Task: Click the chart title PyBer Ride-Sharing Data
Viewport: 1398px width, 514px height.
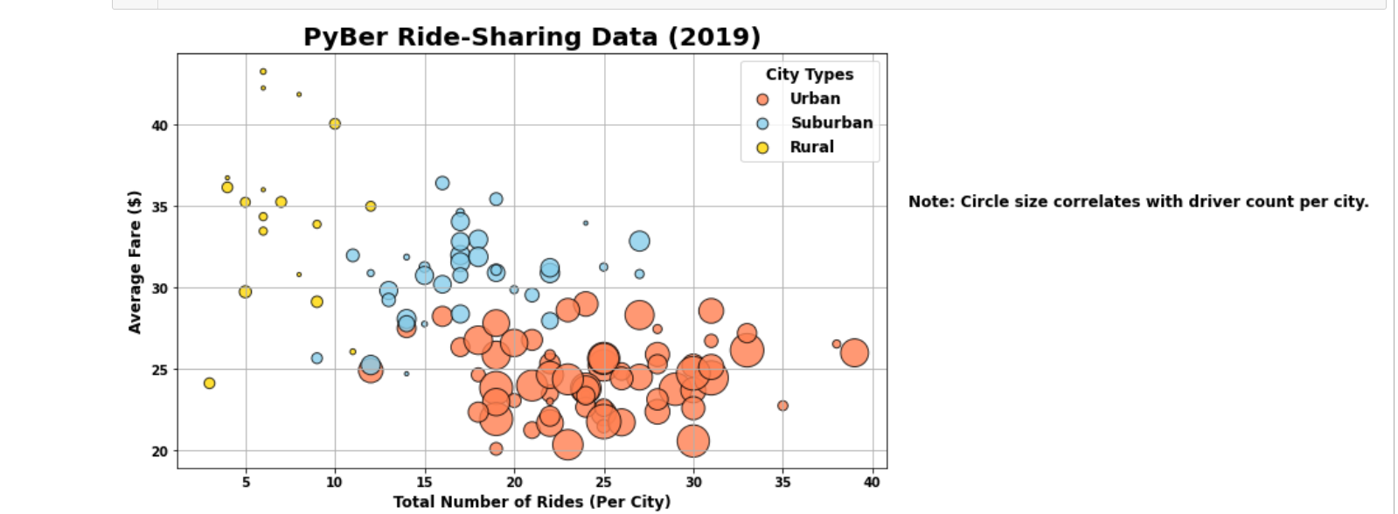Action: (x=532, y=37)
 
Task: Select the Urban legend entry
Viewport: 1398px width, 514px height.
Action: (x=814, y=99)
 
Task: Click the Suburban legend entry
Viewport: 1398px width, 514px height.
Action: (x=831, y=123)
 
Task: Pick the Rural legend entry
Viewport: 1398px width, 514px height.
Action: (x=810, y=147)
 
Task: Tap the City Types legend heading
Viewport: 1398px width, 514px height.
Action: (x=809, y=74)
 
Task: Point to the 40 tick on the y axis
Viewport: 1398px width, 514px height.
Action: (x=159, y=125)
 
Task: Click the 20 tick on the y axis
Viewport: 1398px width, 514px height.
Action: (x=159, y=451)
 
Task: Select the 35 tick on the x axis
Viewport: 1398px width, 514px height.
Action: (x=782, y=483)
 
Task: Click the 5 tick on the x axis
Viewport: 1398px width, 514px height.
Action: (x=246, y=483)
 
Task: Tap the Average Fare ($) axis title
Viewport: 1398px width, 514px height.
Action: (x=135, y=261)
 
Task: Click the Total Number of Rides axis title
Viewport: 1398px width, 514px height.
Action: (x=532, y=502)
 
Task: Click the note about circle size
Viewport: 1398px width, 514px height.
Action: (x=1137, y=202)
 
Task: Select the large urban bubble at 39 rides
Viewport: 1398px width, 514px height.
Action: (x=854, y=352)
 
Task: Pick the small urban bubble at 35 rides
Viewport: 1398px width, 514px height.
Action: (x=782, y=406)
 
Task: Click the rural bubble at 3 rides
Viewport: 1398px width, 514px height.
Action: (x=209, y=383)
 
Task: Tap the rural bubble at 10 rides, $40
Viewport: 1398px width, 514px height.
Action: (x=335, y=124)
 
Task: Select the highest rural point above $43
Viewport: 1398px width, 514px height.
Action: (x=263, y=72)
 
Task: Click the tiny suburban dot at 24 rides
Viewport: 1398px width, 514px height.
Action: (x=586, y=223)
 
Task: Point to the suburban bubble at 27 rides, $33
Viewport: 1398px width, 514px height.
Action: (x=639, y=241)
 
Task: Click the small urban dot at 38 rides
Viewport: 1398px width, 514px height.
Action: (x=837, y=344)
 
